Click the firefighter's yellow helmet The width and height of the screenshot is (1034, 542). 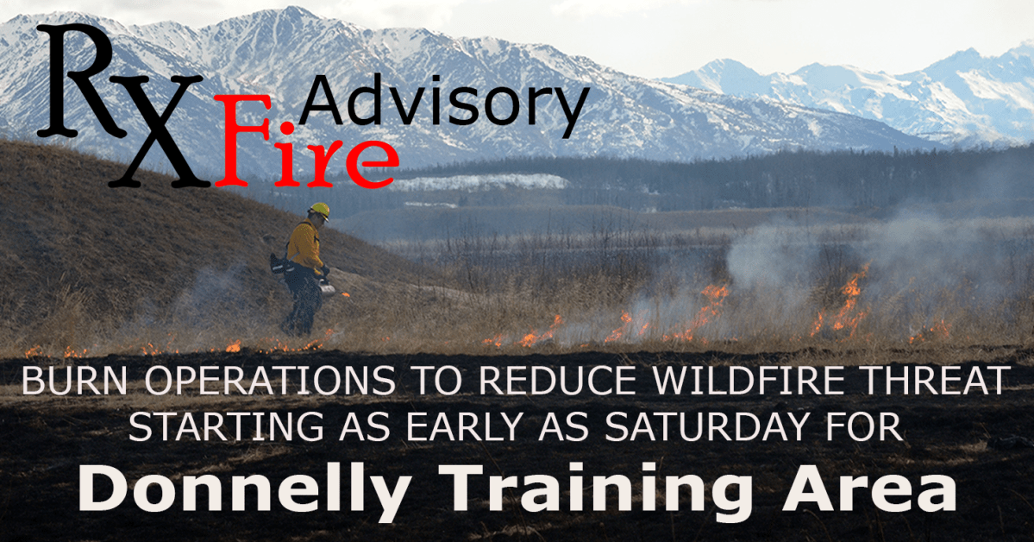[319, 210]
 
